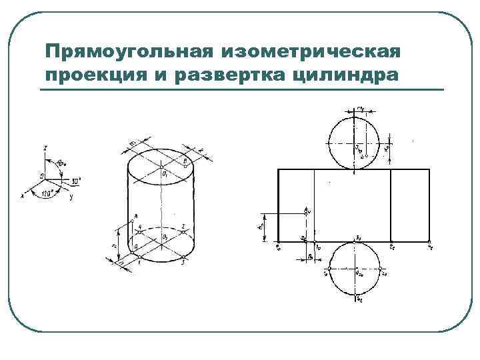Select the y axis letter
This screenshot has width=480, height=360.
pos(71,197)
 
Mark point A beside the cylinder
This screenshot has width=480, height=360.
pos(135,216)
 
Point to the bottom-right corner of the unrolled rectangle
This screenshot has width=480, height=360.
pos(431,241)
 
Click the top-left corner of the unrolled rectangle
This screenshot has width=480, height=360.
pos(277,169)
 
